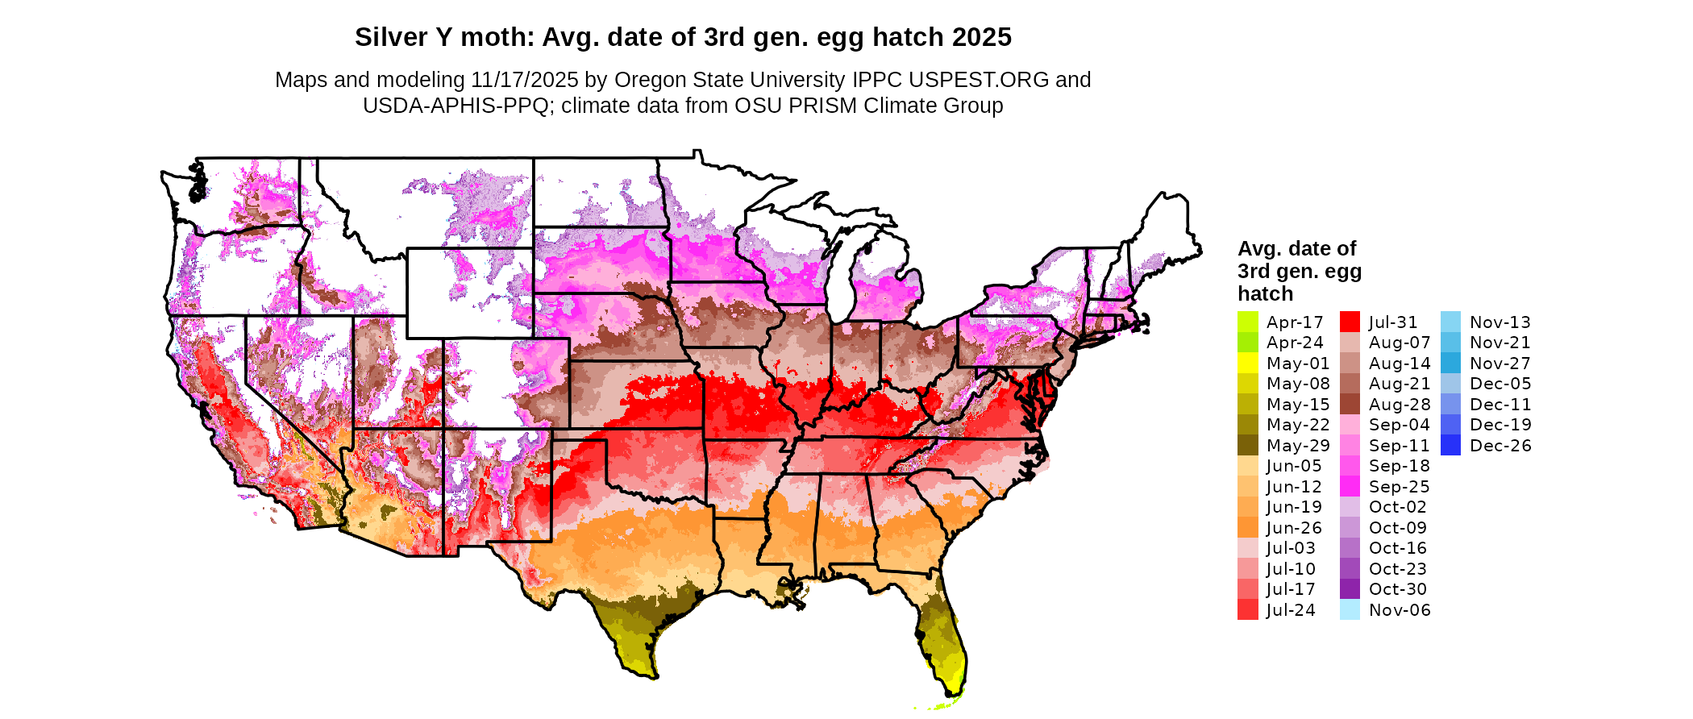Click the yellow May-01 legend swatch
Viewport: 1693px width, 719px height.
(x=1247, y=363)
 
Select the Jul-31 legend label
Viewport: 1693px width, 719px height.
(x=1392, y=322)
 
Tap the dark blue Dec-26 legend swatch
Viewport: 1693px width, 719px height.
(x=1450, y=445)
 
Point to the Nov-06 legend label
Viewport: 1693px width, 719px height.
(x=1400, y=610)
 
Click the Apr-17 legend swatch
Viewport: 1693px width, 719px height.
(x=1247, y=322)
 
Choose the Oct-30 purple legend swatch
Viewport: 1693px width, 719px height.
(x=1350, y=589)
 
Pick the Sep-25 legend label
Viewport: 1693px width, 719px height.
(x=1399, y=487)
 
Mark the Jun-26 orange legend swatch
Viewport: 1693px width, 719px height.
(x=1247, y=527)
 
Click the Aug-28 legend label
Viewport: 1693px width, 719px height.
(x=1399, y=405)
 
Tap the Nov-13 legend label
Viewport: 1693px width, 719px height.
(x=1500, y=322)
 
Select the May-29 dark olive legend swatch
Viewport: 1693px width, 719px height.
(x=1247, y=445)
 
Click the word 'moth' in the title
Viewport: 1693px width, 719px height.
(x=497, y=37)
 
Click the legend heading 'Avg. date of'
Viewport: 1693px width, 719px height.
(x=1296, y=248)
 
